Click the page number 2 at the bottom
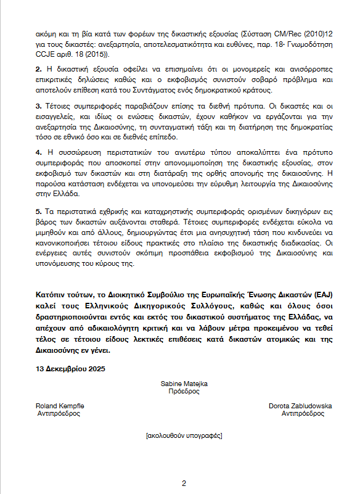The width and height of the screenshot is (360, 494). (x=184, y=482)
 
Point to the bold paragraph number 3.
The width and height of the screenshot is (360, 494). (x=38, y=106)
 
